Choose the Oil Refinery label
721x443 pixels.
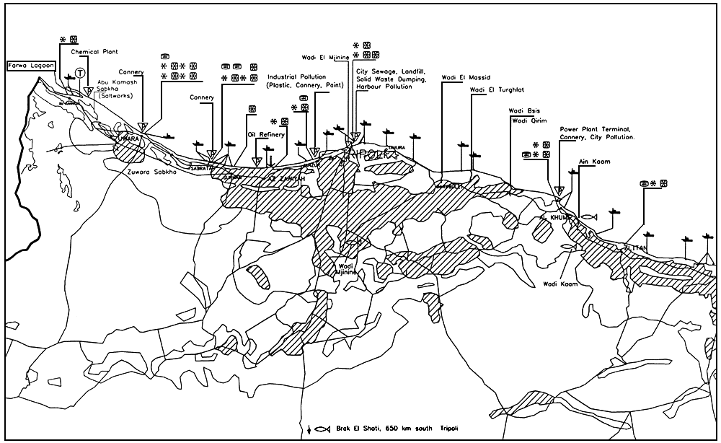tap(265, 135)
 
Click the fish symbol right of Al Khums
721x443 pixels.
tap(588, 216)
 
